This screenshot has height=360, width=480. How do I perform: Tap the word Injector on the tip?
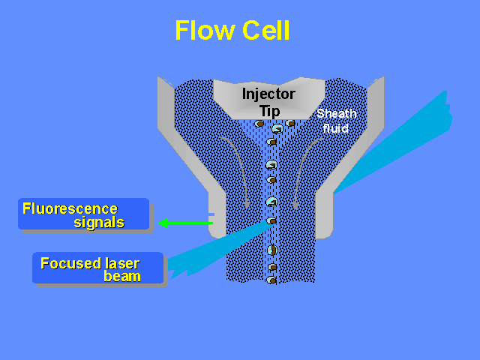[x=268, y=94]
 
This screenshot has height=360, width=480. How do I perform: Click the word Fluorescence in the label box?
[x=70, y=208]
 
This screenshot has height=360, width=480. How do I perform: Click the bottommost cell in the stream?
[x=271, y=280]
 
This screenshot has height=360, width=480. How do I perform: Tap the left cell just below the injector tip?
[x=259, y=123]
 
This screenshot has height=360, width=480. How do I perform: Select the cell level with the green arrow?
[x=272, y=220]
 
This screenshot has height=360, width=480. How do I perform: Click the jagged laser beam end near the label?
[x=177, y=265]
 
